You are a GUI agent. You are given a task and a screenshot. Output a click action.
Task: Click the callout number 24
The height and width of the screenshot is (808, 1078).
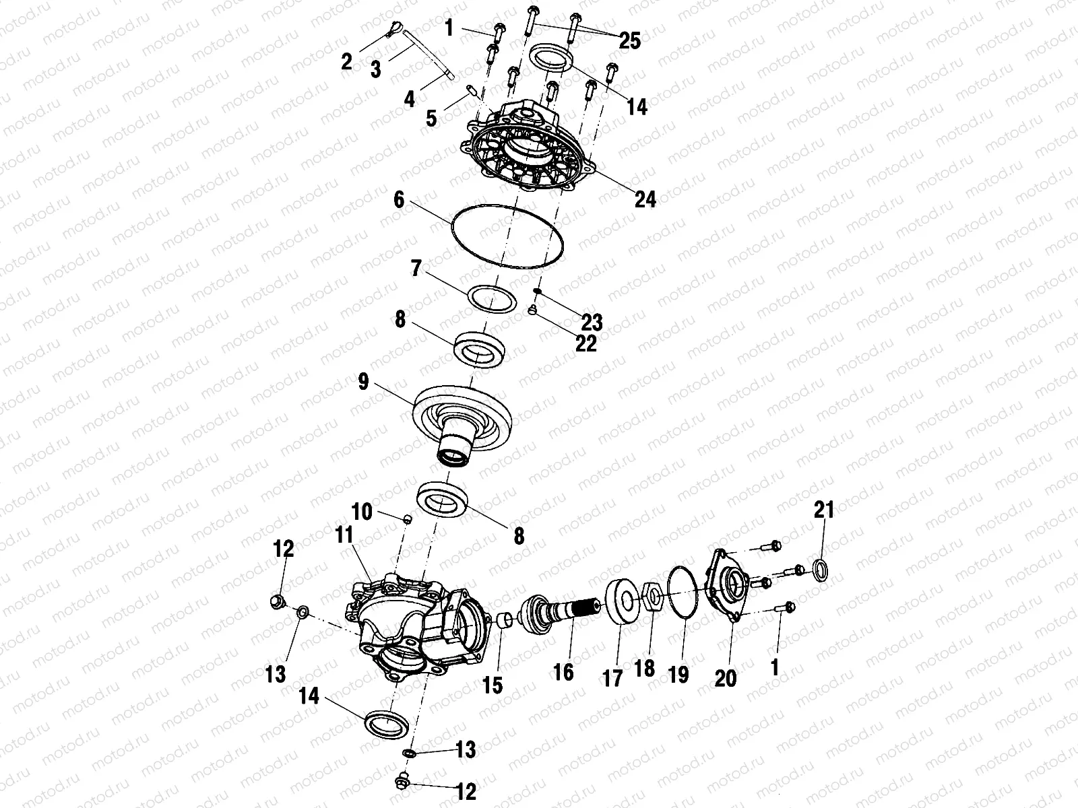(x=645, y=199)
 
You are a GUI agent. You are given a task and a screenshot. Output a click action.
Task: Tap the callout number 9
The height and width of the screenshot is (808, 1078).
(x=364, y=383)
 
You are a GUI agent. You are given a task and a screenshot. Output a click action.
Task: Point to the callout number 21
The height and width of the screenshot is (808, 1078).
(x=824, y=510)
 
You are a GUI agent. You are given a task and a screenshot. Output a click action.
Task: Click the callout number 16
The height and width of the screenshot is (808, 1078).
(x=563, y=671)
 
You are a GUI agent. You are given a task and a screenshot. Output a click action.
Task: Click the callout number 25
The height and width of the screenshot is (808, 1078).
(x=630, y=41)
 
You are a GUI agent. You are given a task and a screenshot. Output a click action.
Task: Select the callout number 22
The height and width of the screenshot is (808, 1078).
(x=586, y=343)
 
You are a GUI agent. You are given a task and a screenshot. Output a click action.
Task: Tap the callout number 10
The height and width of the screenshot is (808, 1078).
(x=362, y=512)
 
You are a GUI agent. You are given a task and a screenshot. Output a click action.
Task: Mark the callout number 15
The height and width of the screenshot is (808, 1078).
(x=493, y=685)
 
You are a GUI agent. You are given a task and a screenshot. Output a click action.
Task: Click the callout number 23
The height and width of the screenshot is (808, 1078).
(x=592, y=322)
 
